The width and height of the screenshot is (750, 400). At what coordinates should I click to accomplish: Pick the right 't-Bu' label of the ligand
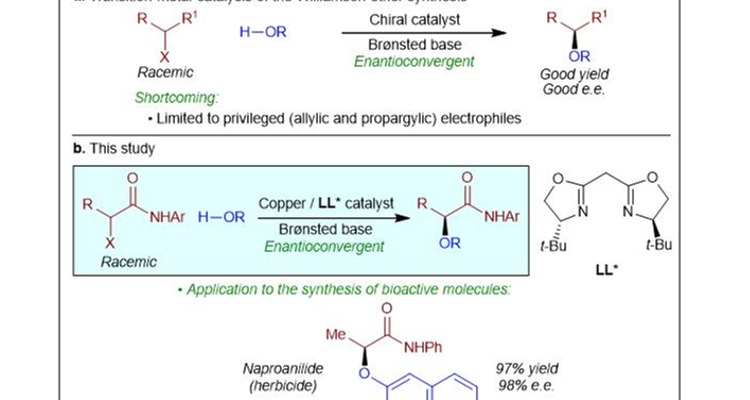(x=661, y=246)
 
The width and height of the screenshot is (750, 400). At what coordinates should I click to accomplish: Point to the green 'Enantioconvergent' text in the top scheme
(x=409, y=61)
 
